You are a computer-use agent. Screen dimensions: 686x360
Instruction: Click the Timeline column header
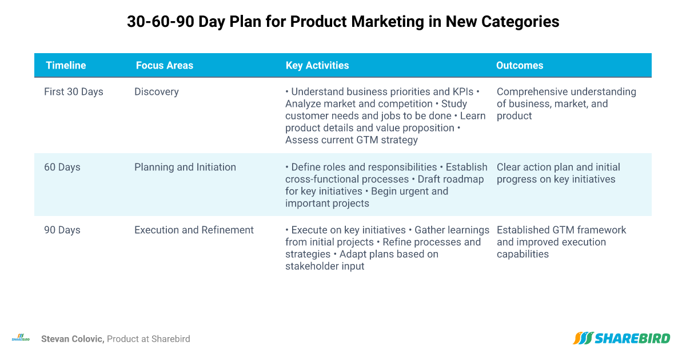(66, 65)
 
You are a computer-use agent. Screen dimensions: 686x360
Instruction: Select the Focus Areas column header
(165, 65)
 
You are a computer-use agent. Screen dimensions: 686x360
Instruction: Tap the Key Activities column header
(317, 65)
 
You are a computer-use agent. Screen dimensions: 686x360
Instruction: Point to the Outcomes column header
(520, 65)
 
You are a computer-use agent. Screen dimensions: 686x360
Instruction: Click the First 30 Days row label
(74, 92)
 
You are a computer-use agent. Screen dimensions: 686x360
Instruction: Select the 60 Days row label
(62, 167)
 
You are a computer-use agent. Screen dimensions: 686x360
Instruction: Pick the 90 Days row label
(62, 230)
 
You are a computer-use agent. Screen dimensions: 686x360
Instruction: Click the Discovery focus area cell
(157, 92)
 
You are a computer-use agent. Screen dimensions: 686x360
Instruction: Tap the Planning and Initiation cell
(185, 167)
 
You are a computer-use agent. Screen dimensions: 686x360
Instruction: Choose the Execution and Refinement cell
(194, 230)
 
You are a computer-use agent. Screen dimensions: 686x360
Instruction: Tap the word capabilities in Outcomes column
(523, 254)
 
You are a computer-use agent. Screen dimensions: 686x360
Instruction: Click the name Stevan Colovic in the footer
(73, 339)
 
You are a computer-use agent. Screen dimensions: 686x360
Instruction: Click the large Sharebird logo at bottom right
(621, 338)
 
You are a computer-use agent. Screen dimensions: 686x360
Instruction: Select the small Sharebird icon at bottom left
(21, 338)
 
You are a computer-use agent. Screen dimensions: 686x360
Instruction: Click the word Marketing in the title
(388, 22)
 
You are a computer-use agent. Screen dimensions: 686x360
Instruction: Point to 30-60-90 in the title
(161, 22)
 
